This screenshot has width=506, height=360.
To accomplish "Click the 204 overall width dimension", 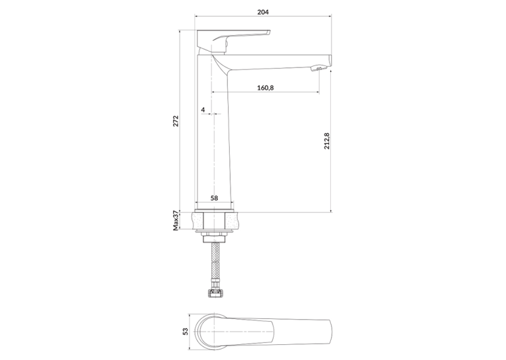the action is pyautogui.click(x=263, y=13).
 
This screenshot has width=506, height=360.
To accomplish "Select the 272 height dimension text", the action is pyautogui.click(x=176, y=121).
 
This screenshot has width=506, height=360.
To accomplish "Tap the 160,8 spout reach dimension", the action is pyautogui.click(x=266, y=87).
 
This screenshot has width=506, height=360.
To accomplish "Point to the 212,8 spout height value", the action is pyautogui.click(x=327, y=141).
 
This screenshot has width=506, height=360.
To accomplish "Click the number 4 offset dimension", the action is pyautogui.click(x=203, y=110).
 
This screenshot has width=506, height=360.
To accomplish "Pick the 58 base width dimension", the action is pyautogui.click(x=214, y=198).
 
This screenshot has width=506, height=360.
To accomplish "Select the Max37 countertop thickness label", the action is pyautogui.click(x=176, y=221).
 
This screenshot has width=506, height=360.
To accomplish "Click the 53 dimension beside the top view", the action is pyautogui.click(x=185, y=332).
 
